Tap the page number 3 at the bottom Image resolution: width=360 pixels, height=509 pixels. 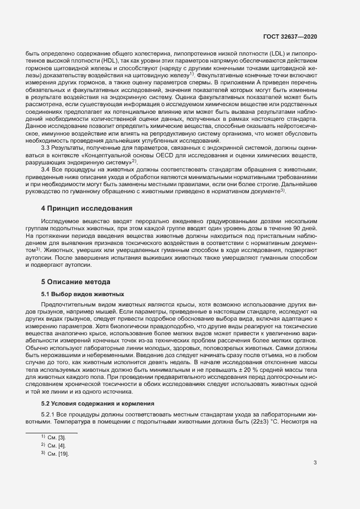(x=315, y=463)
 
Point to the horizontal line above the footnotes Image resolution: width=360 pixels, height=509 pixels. (x=52, y=418)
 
